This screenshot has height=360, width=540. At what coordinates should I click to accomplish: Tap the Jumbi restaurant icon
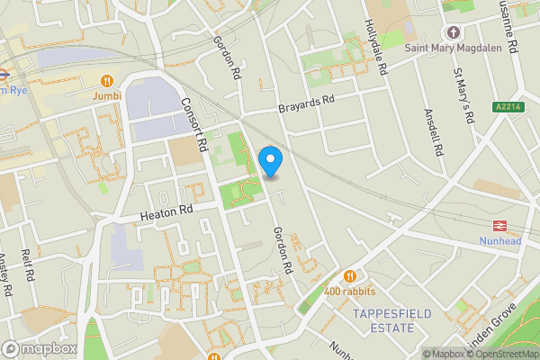point(108,78)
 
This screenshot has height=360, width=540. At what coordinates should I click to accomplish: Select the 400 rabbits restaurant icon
point(350,276)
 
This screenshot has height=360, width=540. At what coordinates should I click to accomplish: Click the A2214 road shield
point(508,107)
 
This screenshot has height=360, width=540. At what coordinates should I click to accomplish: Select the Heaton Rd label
point(166,213)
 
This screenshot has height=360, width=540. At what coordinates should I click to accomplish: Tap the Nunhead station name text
point(499,241)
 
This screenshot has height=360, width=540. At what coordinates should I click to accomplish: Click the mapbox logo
point(39,348)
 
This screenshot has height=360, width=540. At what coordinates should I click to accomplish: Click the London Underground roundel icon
point(3,76)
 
